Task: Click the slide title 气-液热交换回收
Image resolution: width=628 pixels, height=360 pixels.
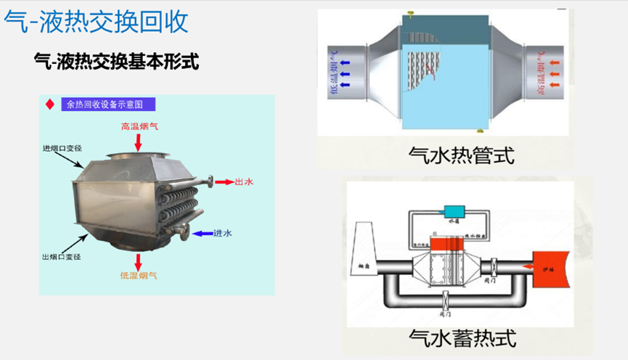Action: (97, 22)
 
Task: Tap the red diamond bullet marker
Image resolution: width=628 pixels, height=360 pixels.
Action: (49, 105)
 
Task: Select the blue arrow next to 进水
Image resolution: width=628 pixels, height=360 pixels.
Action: (203, 233)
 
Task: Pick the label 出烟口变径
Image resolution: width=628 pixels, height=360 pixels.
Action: (61, 256)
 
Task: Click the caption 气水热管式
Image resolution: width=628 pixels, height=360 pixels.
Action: (462, 155)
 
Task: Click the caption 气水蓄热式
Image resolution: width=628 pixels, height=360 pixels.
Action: (462, 338)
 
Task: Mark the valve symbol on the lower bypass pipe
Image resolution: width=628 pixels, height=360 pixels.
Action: (444, 298)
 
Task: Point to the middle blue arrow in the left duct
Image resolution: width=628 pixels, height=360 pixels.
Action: (346, 63)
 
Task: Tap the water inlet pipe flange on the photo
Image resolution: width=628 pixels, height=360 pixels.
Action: (182, 232)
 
